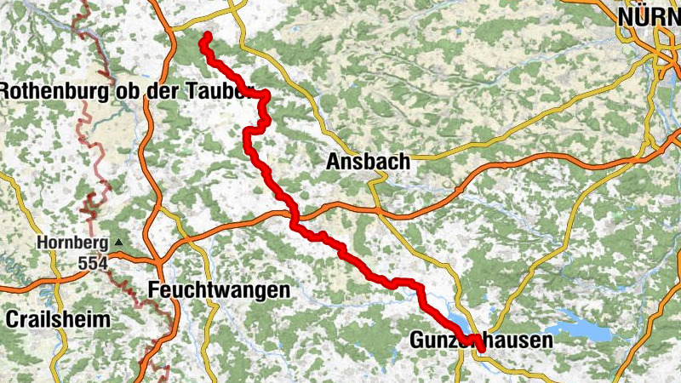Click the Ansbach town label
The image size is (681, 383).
pos(368,161)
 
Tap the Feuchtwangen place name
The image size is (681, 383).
pos(219,290)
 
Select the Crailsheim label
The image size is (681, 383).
pos(58,320)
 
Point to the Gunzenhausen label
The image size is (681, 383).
pos(481,340)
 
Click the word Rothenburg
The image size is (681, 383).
pos(49,91)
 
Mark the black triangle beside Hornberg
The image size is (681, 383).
pos(118,243)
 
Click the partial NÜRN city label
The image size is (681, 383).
pos(650,16)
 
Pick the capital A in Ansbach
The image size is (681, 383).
pos(334,161)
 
